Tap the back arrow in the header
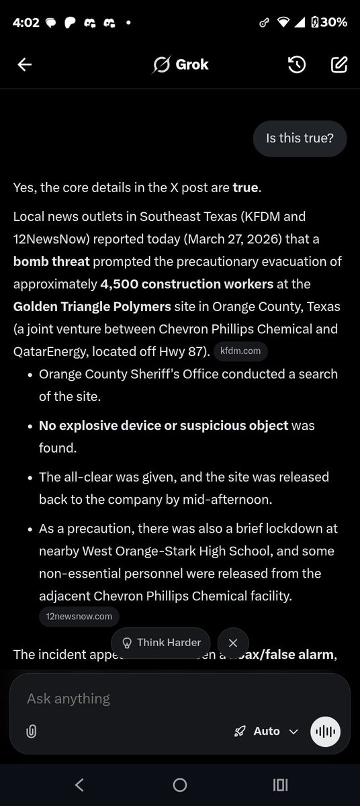click(x=25, y=64)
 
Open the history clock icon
click(x=297, y=64)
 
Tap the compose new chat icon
click(x=339, y=64)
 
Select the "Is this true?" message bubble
click(x=300, y=139)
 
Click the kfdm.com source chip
click(x=241, y=351)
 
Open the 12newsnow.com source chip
click(x=79, y=616)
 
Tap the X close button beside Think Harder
click(x=233, y=643)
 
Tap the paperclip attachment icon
click(x=31, y=732)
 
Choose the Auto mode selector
click(x=266, y=731)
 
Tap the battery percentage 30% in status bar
click(x=333, y=21)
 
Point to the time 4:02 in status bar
click(x=26, y=21)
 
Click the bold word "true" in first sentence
click(x=245, y=187)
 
